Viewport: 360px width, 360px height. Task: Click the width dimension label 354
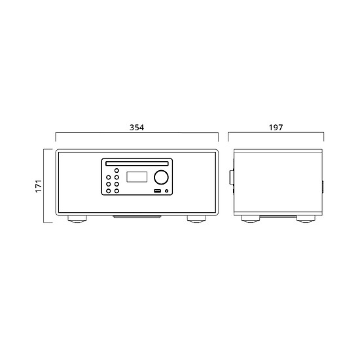click(x=137, y=128)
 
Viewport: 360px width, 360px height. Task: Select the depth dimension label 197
click(x=276, y=128)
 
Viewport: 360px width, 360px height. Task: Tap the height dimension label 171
click(x=39, y=186)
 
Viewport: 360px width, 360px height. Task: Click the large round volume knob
click(x=161, y=177)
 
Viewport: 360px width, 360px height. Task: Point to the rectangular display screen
click(x=137, y=177)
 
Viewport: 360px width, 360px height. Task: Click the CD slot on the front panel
click(x=137, y=164)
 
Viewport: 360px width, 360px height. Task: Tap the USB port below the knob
click(x=157, y=190)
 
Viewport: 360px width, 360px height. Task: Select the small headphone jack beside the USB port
click(x=166, y=190)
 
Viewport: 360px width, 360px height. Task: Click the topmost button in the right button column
click(x=117, y=170)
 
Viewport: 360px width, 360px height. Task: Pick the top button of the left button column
click(x=109, y=177)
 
